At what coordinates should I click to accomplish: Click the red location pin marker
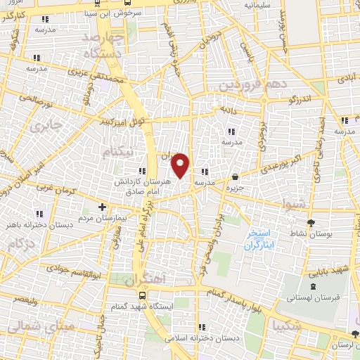tap(181, 165)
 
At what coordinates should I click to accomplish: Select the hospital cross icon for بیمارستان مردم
tap(103, 207)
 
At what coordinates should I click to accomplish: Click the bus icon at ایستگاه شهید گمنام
tap(143, 296)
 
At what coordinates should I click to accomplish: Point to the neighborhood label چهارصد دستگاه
tap(104, 44)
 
